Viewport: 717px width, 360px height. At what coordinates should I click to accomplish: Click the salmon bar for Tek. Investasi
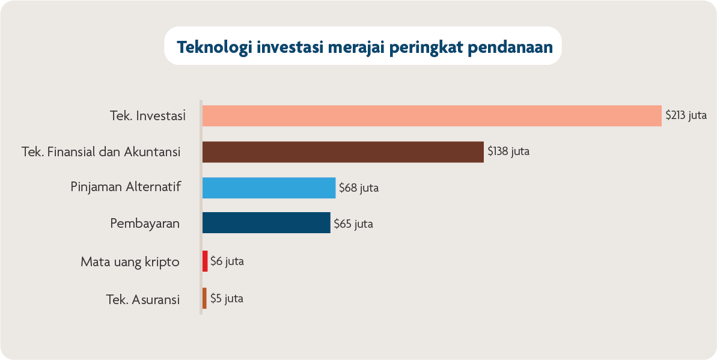[432, 115]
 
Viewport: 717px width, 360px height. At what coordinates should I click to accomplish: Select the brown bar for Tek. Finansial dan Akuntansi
[343, 152]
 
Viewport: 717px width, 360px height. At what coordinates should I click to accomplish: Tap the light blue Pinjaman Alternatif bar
[269, 188]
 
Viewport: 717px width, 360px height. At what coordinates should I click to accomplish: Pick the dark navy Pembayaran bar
[266, 223]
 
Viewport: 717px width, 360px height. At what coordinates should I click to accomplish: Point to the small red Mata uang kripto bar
[205, 261]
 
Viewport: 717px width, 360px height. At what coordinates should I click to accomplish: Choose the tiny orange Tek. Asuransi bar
[204, 298]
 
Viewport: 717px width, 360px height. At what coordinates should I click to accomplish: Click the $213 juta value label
[686, 115]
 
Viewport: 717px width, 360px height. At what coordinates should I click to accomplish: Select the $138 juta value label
[508, 151]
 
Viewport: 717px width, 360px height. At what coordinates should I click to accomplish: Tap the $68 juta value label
[359, 188]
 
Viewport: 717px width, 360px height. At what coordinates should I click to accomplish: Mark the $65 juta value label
[353, 224]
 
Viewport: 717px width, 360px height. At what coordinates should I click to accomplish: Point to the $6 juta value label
[227, 261]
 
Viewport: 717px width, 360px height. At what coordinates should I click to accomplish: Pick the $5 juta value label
[227, 298]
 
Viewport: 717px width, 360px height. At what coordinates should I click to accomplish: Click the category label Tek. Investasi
[147, 115]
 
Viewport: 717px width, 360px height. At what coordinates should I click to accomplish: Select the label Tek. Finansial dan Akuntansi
[101, 152]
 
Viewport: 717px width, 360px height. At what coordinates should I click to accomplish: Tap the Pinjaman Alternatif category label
[126, 187]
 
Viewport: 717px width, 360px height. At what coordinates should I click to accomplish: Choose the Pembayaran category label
[145, 223]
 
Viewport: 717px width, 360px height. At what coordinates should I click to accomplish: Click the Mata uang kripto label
[130, 262]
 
